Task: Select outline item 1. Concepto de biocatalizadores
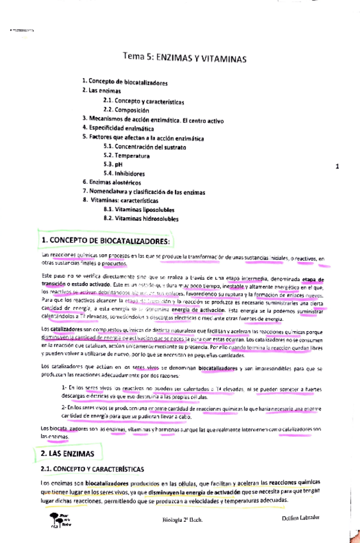click(x=126, y=83)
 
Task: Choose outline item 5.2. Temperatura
click(x=126, y=155)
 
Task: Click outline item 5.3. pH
click(x=113, y=164)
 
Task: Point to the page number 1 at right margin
click(x=336, y=168)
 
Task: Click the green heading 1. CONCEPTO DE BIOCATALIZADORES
click(x=106, y=241)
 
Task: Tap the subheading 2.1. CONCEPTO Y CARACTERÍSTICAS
click(x=92, y=469)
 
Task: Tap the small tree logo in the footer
click(x=54, y=519)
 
